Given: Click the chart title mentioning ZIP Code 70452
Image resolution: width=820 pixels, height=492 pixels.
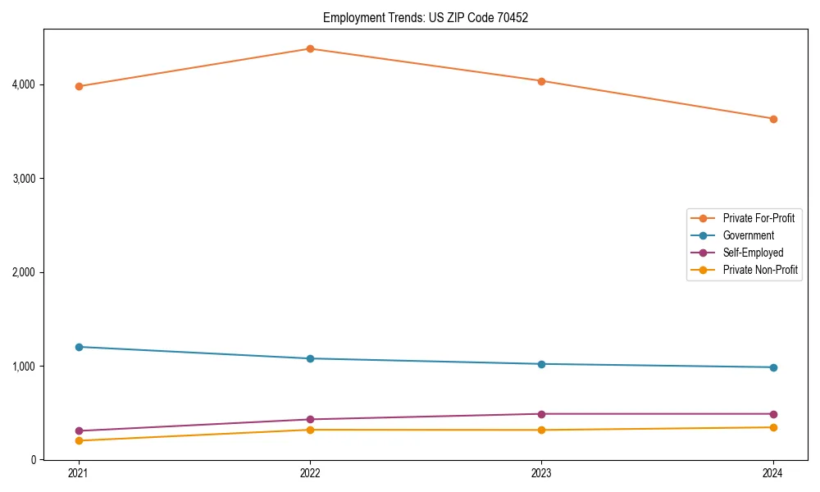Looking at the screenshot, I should (425, 17).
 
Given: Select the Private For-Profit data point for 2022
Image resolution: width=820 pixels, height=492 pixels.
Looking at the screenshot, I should (310, 48).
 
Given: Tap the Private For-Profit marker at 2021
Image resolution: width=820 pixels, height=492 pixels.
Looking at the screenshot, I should (79, 86).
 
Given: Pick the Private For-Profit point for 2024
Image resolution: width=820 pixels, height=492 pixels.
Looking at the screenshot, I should (773, 119).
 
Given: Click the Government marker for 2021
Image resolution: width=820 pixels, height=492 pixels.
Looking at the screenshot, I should (79, 347).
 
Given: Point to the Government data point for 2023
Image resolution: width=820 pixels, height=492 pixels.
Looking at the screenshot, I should (541, 364).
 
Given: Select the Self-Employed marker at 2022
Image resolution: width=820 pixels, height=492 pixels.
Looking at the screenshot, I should (310, 420).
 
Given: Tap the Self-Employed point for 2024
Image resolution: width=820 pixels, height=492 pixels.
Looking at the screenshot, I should (773, 414).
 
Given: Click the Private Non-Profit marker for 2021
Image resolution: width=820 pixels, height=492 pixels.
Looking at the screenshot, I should (79, 440).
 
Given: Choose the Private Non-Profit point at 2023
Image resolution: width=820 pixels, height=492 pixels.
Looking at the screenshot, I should (541, 430).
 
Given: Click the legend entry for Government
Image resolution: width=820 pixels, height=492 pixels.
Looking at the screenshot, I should (748, 235).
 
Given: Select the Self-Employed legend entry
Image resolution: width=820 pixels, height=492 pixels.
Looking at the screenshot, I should (753, 253).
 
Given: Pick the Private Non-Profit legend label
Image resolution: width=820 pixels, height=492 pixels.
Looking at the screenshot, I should (760, 270).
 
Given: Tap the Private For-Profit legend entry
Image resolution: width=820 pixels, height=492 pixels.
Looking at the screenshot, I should (758, 218).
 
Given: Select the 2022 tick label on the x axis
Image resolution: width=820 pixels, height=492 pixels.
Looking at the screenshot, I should (310, 472).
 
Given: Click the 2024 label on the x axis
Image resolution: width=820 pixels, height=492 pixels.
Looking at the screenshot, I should (773, 472).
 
